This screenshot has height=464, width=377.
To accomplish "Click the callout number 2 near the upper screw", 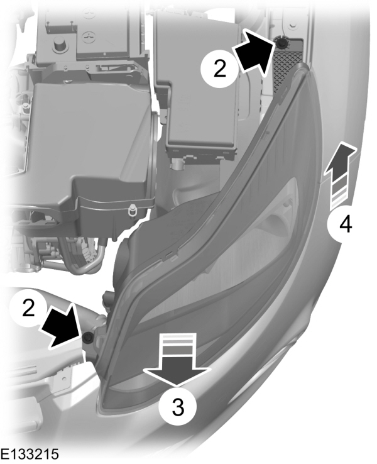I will (218, 68).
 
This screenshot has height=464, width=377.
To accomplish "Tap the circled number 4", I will (344, 223).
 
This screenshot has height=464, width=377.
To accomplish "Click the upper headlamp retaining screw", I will (281, 42).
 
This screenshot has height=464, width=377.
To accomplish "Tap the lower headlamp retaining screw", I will (88, 339).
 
